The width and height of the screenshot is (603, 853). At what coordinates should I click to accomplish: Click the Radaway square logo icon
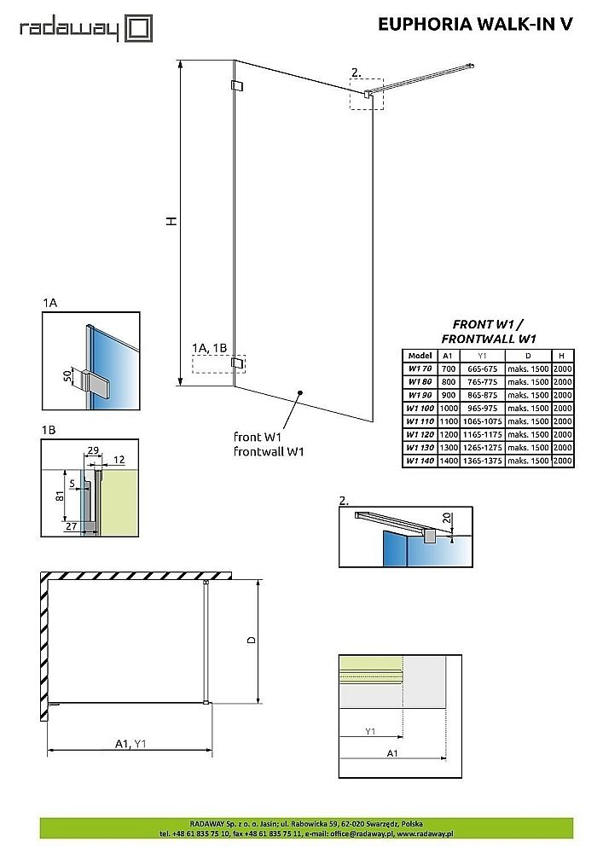(139, 28)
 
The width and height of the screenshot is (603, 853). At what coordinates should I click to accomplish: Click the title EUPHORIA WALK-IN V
(475, 25)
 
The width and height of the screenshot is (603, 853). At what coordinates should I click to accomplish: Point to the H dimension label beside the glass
(171, 220)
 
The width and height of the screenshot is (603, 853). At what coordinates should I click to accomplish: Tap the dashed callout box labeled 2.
(367, 93)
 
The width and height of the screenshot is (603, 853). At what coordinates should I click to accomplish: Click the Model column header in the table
(420, 356)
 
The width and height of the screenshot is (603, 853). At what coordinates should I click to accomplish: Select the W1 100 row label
(420, 409)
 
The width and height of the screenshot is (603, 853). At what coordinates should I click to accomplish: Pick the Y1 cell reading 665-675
(482, 369)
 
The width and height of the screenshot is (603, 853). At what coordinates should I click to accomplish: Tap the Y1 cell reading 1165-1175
(482, 435)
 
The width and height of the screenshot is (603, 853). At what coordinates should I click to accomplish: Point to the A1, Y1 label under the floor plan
(130, 743)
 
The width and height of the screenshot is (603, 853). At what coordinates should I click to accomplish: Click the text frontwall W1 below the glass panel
(269, 452)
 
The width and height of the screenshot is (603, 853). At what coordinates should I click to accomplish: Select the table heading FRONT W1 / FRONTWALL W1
(489, 331)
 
